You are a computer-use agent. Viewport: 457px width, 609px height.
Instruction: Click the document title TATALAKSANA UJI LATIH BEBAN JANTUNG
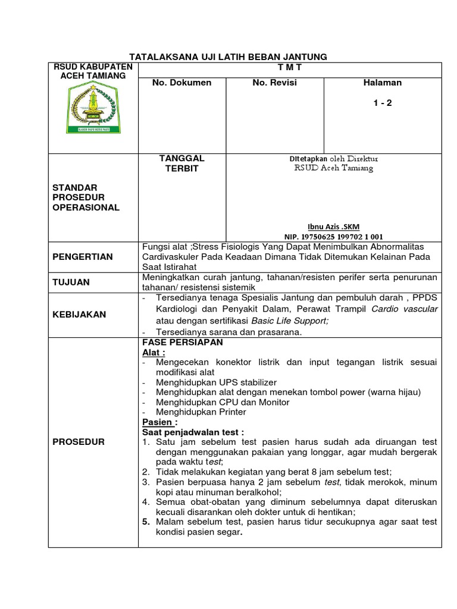pos(229,56)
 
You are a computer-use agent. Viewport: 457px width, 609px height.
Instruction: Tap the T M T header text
pos(290,68)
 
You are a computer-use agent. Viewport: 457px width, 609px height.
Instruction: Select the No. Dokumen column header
pos(181,83)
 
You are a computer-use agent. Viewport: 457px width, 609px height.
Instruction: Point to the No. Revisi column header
pos(274,83)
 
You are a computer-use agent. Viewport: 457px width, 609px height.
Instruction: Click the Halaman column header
pos(382,83)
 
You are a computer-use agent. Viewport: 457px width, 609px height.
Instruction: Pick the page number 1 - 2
pos(383,103)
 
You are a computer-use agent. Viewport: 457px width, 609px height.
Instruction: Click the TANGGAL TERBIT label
pos(181,163)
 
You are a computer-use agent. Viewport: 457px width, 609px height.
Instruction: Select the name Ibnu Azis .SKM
pos(333,227)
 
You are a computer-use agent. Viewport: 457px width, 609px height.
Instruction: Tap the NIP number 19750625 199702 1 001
pos(333,236)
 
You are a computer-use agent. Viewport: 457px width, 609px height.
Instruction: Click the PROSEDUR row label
pos(79,442)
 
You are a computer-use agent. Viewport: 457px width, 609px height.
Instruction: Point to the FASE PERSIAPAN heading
pos(181,343)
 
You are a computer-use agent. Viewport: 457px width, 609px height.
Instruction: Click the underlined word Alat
pos(153,353)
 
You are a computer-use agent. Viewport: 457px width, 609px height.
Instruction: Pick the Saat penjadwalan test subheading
pos(193,432)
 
